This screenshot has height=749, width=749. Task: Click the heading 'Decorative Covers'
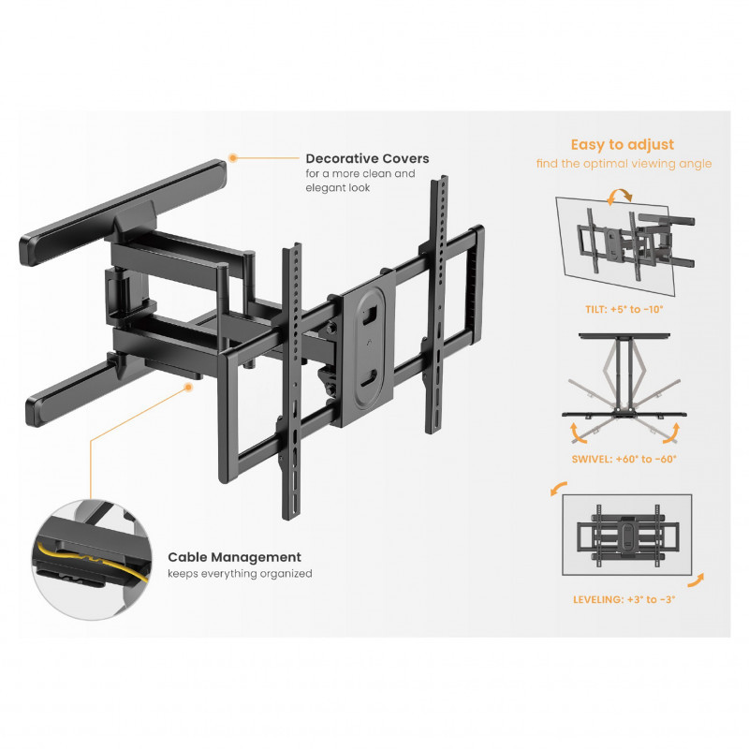367,158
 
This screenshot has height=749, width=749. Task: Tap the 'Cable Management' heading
234,557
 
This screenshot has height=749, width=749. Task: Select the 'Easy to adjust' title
623,145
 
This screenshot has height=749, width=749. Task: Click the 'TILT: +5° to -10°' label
624,310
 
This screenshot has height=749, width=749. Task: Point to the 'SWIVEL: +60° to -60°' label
624,459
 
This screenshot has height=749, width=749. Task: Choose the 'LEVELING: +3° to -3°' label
624,599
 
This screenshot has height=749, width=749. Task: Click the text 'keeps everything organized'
240,574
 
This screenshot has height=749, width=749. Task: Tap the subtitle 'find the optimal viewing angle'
624,164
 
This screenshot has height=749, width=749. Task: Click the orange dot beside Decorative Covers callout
232,157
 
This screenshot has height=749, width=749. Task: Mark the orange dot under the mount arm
189,387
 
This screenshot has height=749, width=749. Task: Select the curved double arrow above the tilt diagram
619,195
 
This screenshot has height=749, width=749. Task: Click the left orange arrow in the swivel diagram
577,433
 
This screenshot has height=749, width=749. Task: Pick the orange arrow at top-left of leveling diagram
558,488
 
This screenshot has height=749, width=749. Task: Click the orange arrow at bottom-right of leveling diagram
696,580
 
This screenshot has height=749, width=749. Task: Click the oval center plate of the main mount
368,347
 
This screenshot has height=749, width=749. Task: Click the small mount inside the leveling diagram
626,536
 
